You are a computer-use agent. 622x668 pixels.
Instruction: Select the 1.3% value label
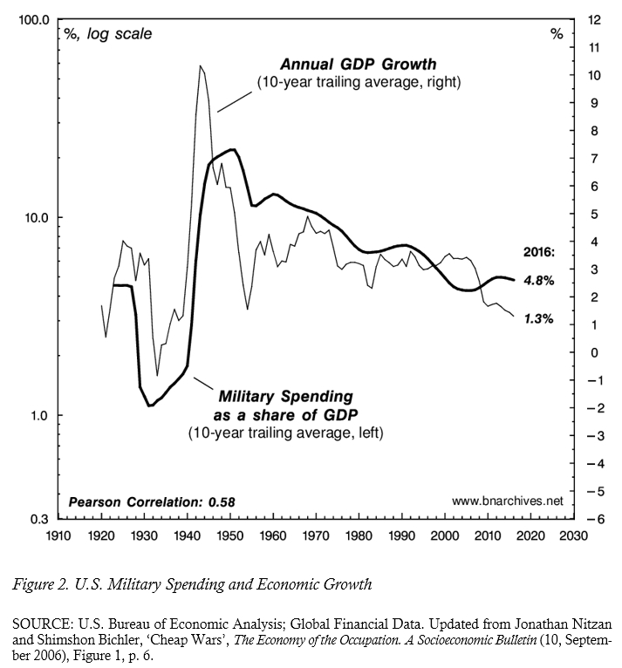click(537, 319)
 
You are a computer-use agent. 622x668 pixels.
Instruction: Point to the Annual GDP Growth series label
click(358, 65)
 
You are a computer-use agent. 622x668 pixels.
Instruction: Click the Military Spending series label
click(284, 397)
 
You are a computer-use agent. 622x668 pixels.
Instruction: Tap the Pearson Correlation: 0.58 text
click(151, 502)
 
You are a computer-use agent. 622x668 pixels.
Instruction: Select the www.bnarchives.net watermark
click(508, 501)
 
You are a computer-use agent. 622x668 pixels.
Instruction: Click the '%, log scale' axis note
click(108, 34)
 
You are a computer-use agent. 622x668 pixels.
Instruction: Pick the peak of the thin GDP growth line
click(201, 65)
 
